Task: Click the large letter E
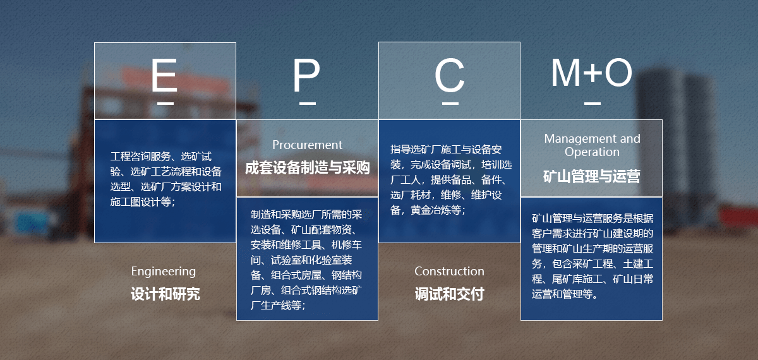click(x=165, y=75)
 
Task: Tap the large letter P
click(x=306, y=75)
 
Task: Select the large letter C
click(x=450, y=75)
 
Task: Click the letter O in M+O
click(x=618, y=73)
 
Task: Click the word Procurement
click(x=307, y=145)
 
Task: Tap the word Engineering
click(x=164, y=272)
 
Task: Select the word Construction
click(x=449, y=271)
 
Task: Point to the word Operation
click(x=593, y=153)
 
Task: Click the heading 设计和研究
click(x=165, y=294)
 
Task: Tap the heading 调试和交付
click(x=450, y=294)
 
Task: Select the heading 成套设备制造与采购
click(x=307, y=168)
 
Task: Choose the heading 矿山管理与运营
click(x=592, y=177)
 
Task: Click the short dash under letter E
click(x=165, y=103)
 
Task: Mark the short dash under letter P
click(x=307, y=103)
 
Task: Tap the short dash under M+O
click(x=593, y=103)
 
